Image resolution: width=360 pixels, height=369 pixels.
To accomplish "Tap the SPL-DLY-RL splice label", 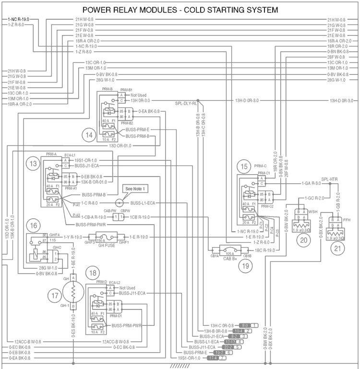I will click(186, 104).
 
